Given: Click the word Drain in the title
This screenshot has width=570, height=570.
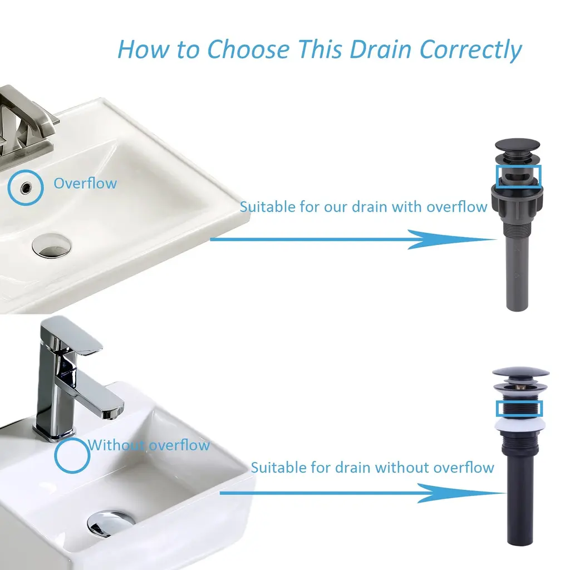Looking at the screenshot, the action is (x=380, y=49).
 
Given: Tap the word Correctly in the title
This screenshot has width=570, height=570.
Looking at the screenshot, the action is (x=471, y=50).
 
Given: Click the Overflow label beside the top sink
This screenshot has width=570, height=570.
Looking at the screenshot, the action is (x=85, y=184).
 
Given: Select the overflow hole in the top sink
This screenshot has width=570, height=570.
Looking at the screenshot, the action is (x=26, y=188).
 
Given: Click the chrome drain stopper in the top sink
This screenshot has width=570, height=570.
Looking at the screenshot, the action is (x=51, y=246).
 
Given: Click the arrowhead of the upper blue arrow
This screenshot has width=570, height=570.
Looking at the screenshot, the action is (x=451, y=239).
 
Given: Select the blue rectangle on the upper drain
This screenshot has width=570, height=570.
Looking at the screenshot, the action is (x=519, y=176).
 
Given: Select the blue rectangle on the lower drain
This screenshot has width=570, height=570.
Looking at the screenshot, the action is (x=519, y=409).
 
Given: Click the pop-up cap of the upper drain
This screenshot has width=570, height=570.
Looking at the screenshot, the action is (x=517, y=144).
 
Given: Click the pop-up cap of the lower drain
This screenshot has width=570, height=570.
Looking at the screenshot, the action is (x=520, y=373).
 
